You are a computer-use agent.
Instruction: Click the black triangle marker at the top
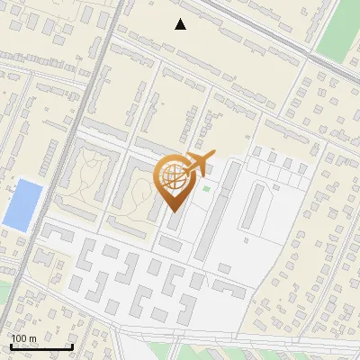click(181, 24)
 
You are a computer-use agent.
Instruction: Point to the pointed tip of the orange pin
click(174, 212)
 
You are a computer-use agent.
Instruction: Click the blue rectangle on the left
click(23, 204)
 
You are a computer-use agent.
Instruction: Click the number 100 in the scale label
click(19, 338)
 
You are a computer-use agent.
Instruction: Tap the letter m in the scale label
click(32, 338)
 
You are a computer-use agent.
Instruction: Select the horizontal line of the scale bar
click(41, 346)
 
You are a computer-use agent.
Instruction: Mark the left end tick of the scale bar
click(11, 346)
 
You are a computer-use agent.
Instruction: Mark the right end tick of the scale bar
click(72, 346)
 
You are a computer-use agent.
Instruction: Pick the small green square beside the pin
click(206, 188)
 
